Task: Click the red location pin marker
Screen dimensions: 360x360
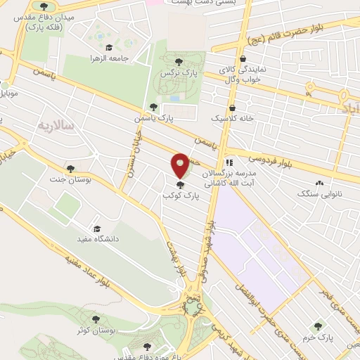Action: click(180, 166)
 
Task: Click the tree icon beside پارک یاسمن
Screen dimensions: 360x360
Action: click(153, 107)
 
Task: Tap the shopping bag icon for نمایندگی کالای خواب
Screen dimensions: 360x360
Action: click(243, 58)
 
